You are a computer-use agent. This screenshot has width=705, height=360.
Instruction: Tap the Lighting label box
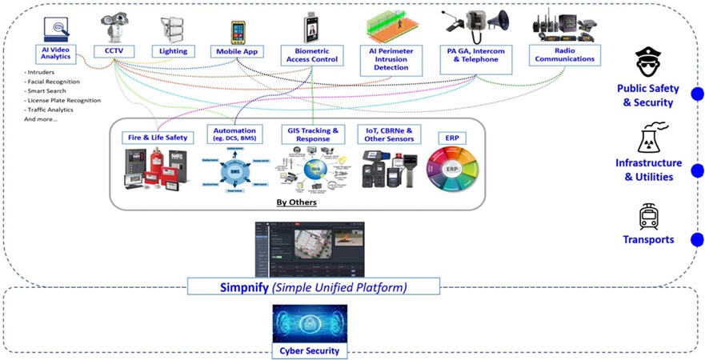172,51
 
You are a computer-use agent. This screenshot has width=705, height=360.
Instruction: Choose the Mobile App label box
237,51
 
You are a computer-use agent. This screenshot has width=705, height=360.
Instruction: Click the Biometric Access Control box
310,56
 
